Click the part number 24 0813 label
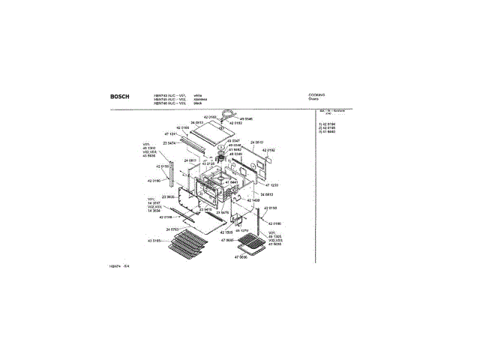point(197,122)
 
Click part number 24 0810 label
point(256,142)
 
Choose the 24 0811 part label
point(188,160)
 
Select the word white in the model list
point(198,95)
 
